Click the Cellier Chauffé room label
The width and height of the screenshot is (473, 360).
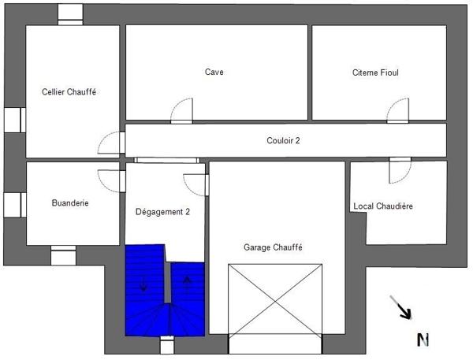pyautogui.click(x=69, y=91)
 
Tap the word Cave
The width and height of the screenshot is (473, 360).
pyautogui.click(x=214, y=72)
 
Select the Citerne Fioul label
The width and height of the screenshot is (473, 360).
pyautogui.click(x=375, y=72)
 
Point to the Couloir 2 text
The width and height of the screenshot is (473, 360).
pyautogui.click(x=283, y=141)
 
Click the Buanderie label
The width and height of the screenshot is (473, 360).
pyautogui.click(x=70, y=202)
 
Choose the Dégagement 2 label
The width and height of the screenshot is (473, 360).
pyautogui.click(x=162, y=211)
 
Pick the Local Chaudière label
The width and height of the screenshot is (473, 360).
pyautogui.click(x=383, y=206)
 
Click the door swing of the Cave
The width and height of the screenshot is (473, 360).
pyautogui.click(x=182, y=111)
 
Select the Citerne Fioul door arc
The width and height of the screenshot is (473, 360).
pyautogui.click(x=399, y=111)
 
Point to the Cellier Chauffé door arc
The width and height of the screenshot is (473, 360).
pyautogui.click(x=111, y=143)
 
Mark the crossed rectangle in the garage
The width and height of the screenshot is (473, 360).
pyautogui.click(x=276, y=299)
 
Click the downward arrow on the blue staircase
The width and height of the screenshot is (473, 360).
pyautogui.click(x=143, y=284)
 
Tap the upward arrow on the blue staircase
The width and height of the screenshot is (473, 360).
pyautogui.click(x=187, y=281)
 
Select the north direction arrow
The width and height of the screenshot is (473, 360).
pyautogui.click(x=401, y=307)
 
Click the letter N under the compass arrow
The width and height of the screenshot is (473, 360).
pyautogui.click(x=423, y=340)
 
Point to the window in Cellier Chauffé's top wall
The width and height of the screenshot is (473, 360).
pyautogui.click(x=71, y=14)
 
